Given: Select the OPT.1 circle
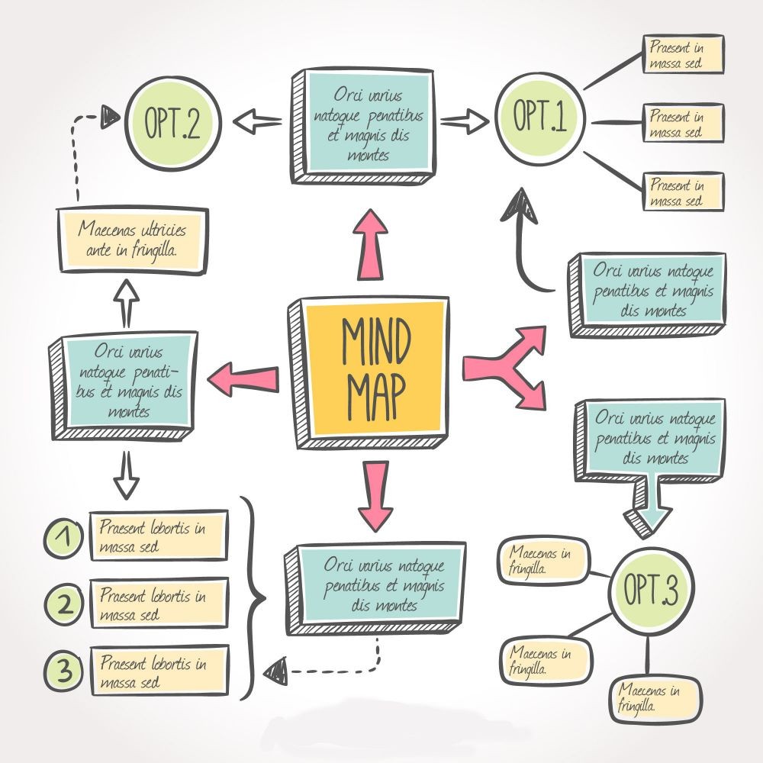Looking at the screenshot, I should [539, 119].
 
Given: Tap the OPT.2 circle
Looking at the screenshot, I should [172, 124].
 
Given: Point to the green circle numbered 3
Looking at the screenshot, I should [66, 671].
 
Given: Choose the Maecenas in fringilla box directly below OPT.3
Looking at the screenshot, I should [654, 697].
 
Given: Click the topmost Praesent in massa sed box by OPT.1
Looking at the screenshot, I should [682, 53].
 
